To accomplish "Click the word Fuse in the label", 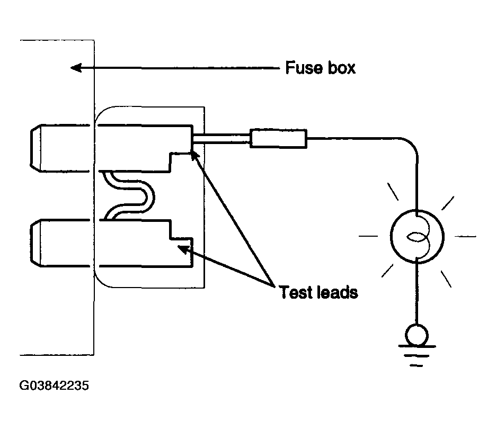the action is pyautogui.click(x=304, y=68).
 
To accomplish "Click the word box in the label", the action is pyautogui.click(x=342, y=68).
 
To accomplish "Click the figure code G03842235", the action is pyautogui.click(x=54, y=386).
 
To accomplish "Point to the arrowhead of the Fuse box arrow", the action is pyautogui.click(x=76, y=68).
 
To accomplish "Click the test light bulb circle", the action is pyautogui.click(x=417, y=236).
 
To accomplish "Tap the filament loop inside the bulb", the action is pyautogui.click(x=417, y=237).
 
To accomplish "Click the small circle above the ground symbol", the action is pyautogui.click(x=417, y=335).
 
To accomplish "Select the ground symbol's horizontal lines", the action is pyautogui.click(x=417, y=356).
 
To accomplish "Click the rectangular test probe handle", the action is pyautogui.click(x=278, y=138).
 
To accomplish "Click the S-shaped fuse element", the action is pyautogui.click(x=129, y=195).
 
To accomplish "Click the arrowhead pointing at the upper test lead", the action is pyautogui.click(x=194, y=156).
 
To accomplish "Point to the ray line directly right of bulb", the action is pyautogui.click(x=465, y=236).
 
